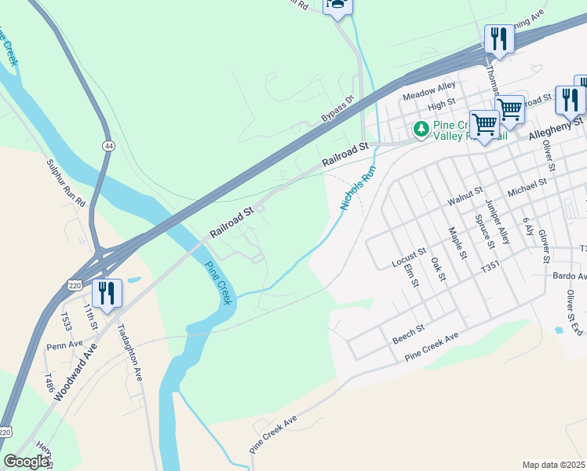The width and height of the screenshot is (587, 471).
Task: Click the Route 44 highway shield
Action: click(108, 146)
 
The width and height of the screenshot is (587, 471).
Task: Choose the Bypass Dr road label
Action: click(337, 108)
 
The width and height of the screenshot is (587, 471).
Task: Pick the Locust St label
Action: click(409, 257)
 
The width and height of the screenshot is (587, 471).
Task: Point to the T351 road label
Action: click(490, 268)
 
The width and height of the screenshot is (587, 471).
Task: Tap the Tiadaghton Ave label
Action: click(129, 353)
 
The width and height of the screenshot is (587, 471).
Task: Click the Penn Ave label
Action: click(64, 345)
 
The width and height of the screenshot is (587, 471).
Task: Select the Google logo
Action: click(26, 462)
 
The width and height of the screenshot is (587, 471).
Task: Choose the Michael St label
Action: click(527, 188)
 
